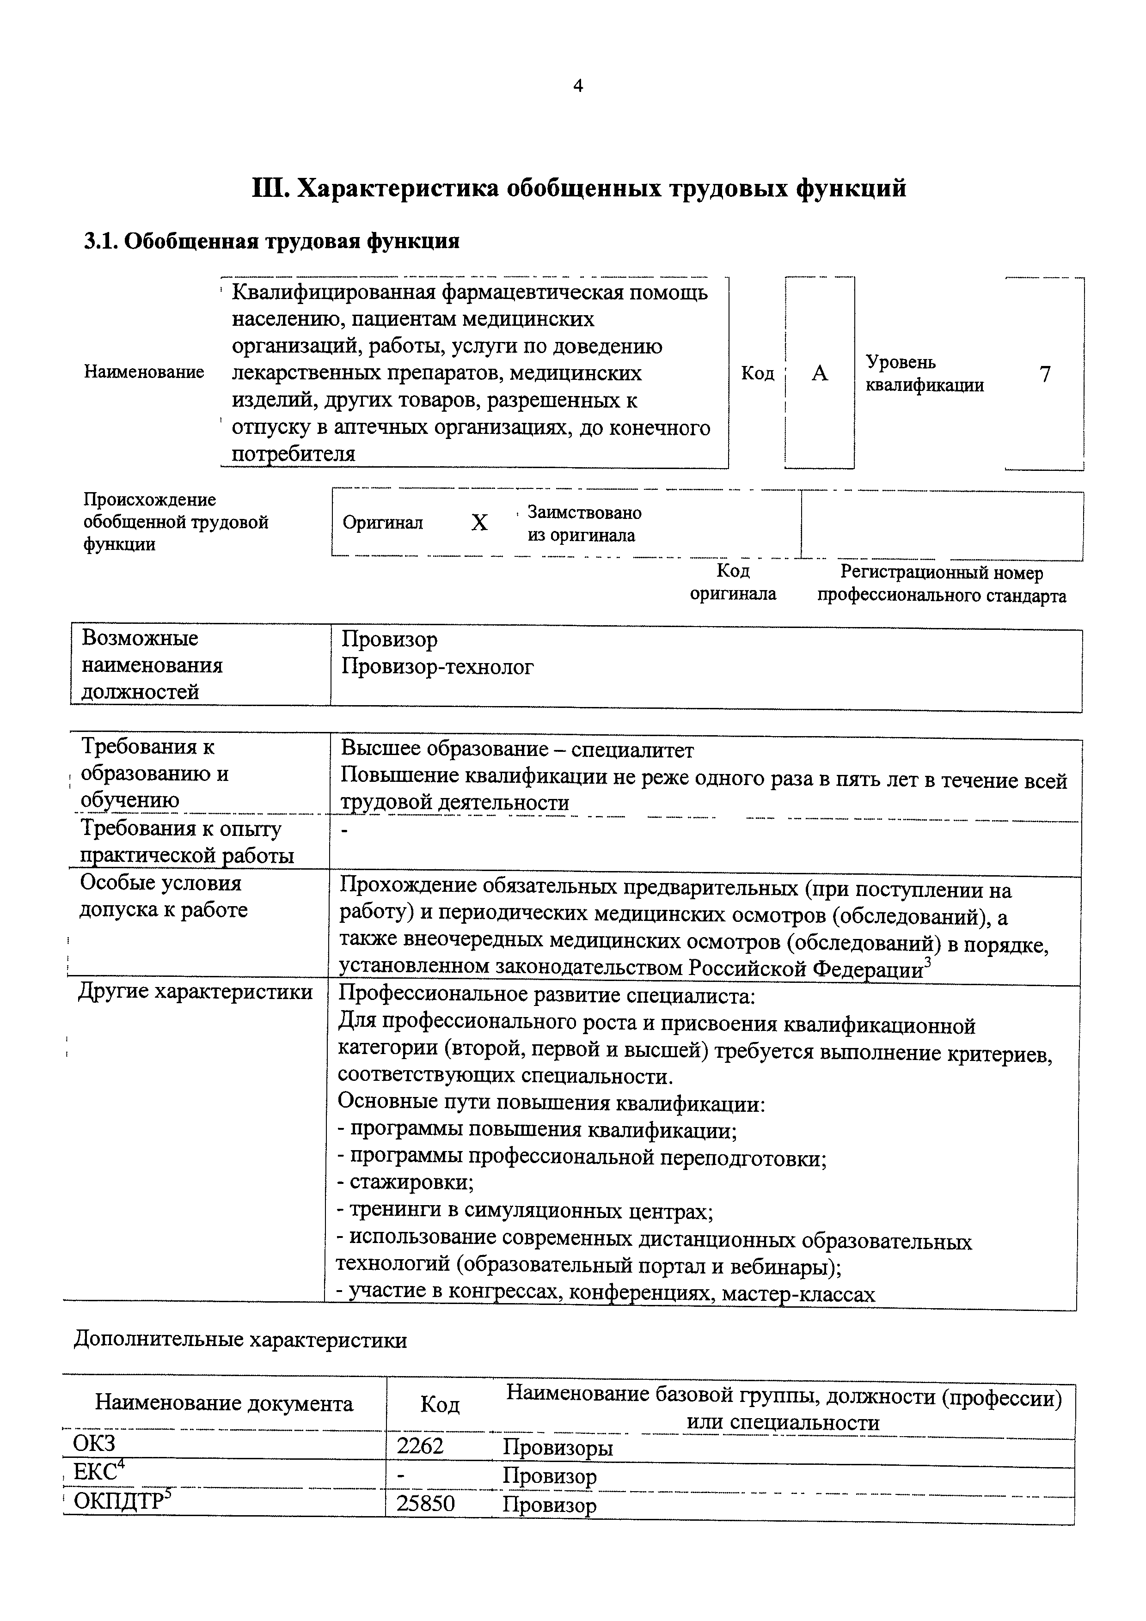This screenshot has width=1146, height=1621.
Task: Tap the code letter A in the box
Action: pyautogui.click(x=819, y=373)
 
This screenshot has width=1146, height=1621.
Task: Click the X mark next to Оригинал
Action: pyautogui.click(x=479, y=523)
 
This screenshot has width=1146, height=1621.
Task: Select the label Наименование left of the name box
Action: pyautogui.click(x=144, y=372)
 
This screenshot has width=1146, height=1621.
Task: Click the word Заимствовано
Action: pyautogui.click(x=585, y=512)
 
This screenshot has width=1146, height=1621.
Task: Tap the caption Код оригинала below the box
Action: pyautogui.click(x=733, y=582)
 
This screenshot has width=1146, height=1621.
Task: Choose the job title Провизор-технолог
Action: pyautogui.click(x=438, y=666)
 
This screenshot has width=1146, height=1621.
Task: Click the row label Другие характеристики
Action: pyautogui.click(x=196, y=992)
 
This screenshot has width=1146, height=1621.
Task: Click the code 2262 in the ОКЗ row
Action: pyautogui.click(x=420, y=1447)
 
